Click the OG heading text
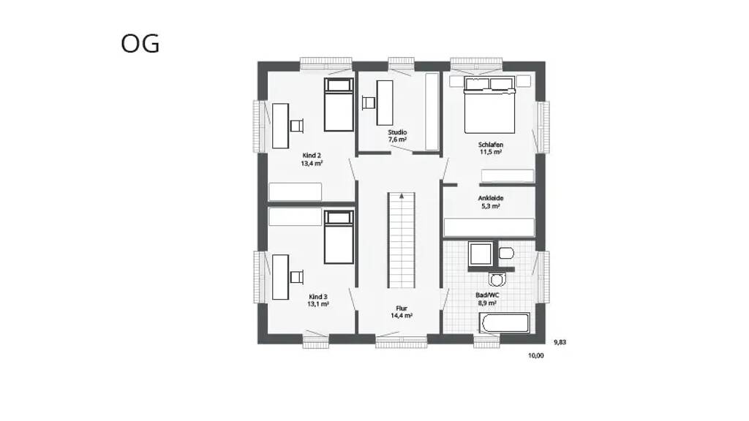tap(140, 43)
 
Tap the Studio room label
tap(397, 132)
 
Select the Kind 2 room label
tap(312, 156)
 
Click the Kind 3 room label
tap(318, 297)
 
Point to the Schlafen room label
tap(491, 145)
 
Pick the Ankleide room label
tap(491, 198)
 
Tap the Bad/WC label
tap(487, 295)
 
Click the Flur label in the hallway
tap(402, 308)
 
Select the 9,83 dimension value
tap(560, 342)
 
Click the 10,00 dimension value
tap(536, 356)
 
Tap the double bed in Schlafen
tap(489, 105)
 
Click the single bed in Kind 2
tap(339, 105)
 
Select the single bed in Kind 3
tap(339, 238)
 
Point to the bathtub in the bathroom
tap(505, 322)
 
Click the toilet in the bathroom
tap(506, 253)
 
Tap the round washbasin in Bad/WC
tap(497, 279)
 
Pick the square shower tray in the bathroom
tap(481, 254)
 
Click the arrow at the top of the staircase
tap(402, 196)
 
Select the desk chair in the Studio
tap(369, 102)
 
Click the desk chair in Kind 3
tap(297, 277)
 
